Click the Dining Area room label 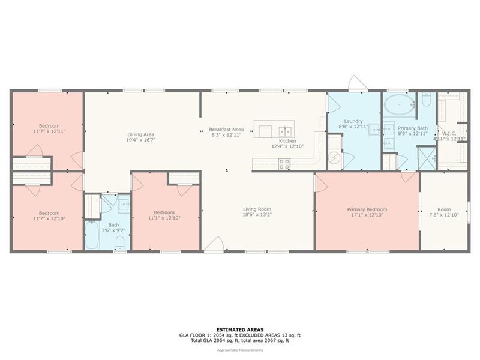141,134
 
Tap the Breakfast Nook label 227,130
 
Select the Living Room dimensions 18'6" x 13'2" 257,215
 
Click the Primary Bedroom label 367,209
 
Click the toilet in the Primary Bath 427,98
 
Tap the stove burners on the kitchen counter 284,164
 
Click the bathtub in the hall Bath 92,235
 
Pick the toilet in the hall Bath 121,242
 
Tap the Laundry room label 353,121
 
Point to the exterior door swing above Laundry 358,83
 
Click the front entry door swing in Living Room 214,244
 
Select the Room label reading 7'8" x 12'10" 444,212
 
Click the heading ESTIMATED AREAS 240,329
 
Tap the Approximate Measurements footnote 240,350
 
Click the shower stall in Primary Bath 427,158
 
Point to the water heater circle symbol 334,158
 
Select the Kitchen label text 287,141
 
